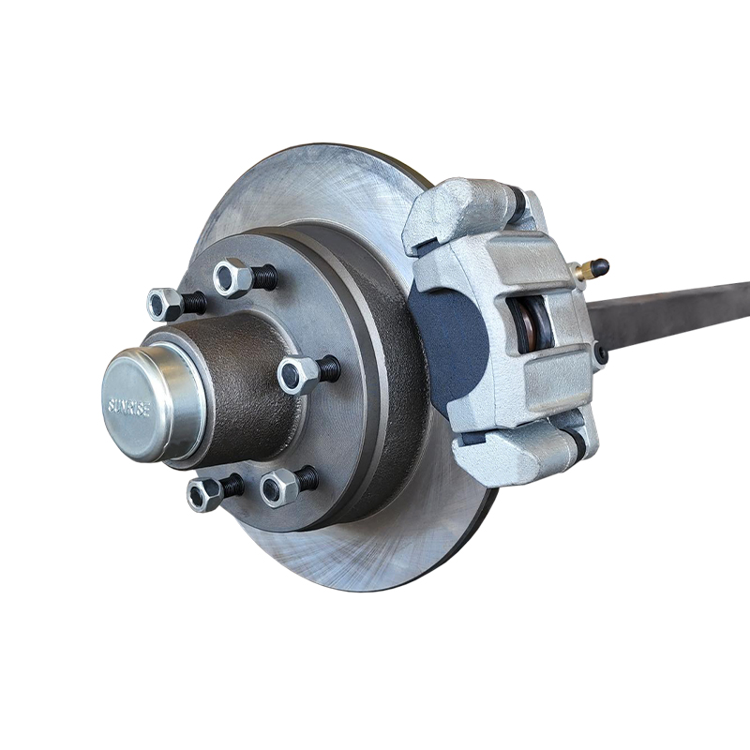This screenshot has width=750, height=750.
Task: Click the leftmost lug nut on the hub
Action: click(x=165, y=304)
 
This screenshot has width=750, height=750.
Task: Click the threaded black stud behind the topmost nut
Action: click(x=265, y=277)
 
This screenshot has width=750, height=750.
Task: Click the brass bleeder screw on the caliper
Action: click(x=587, y=271)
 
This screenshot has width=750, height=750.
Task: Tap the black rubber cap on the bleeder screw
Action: click(x=601, y=266)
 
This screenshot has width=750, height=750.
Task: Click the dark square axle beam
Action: click(x=675, y=314)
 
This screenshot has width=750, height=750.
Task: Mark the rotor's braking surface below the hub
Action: click(x=375, y=553)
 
